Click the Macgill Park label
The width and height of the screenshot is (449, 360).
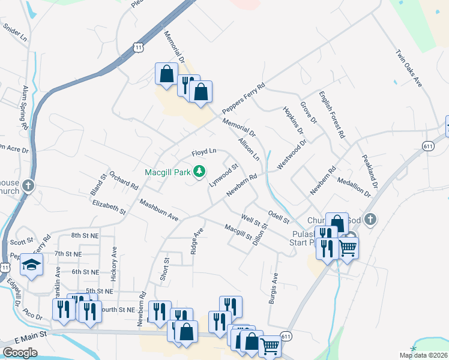pyautogui.click(x=167, y=172)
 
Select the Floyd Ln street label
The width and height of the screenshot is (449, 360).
pyautogui.click(x=203, y=152)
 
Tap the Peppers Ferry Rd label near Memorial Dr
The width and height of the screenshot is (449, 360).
pyautogui.click(x=243, y=100)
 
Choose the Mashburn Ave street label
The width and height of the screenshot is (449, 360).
pyautogui.click(x=159, y=209)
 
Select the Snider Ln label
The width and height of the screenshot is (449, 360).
pyautogui.click(x=16, y=32)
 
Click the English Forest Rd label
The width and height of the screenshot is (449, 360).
pyautogui.click(x=332, y=115)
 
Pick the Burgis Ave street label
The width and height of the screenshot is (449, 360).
pyautogui.click(x=274, y=290)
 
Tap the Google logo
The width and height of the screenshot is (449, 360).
pyautogui.click(x=20, y=353)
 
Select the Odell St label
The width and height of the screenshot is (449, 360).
pyautogui.click(x=279, y=217)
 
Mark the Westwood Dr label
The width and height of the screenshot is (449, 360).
pyautogui.click(x=292, y=154)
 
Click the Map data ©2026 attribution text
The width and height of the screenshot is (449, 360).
pyautogui.click(x=423, y=355)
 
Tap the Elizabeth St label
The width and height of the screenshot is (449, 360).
pyautogui.click(x=109, y=208)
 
